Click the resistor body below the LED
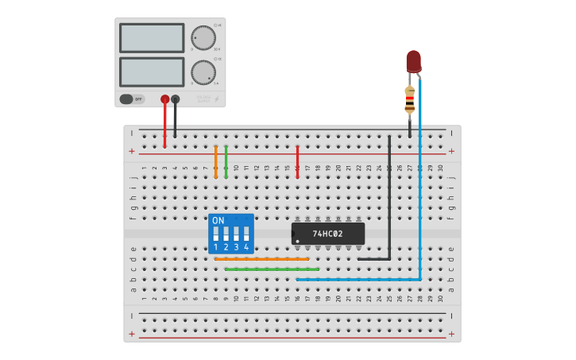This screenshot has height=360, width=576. pos(410,101)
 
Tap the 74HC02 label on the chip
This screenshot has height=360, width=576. pos(327,234)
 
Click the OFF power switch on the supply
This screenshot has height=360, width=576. pos(133,99)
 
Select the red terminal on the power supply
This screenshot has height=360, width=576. pos(165,99)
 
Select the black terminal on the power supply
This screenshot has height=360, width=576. pos(176,99)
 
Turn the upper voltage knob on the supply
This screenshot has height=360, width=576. pos(203,37)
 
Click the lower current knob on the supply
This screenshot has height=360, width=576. pos(203,72)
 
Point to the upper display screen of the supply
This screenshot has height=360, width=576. pos(152,37)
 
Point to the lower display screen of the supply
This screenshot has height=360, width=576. pos(152,72)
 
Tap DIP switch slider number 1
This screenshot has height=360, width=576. pos(215,234)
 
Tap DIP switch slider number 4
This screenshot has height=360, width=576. pos(246,234)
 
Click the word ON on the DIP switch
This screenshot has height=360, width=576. pos(218,220)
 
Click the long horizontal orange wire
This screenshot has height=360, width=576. pos(261,259)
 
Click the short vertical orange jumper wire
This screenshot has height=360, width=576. pos(215,161)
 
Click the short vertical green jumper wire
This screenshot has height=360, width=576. pos(226,161)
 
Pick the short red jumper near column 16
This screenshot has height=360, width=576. pos(297,161)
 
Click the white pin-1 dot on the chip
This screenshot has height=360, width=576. pos(297,240)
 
